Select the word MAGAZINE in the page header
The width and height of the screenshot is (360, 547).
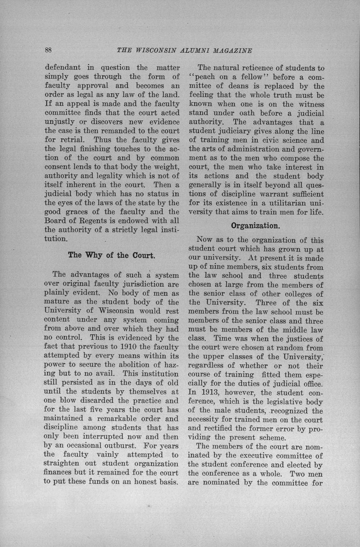(233, 51)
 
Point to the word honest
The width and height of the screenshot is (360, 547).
(139, 482)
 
